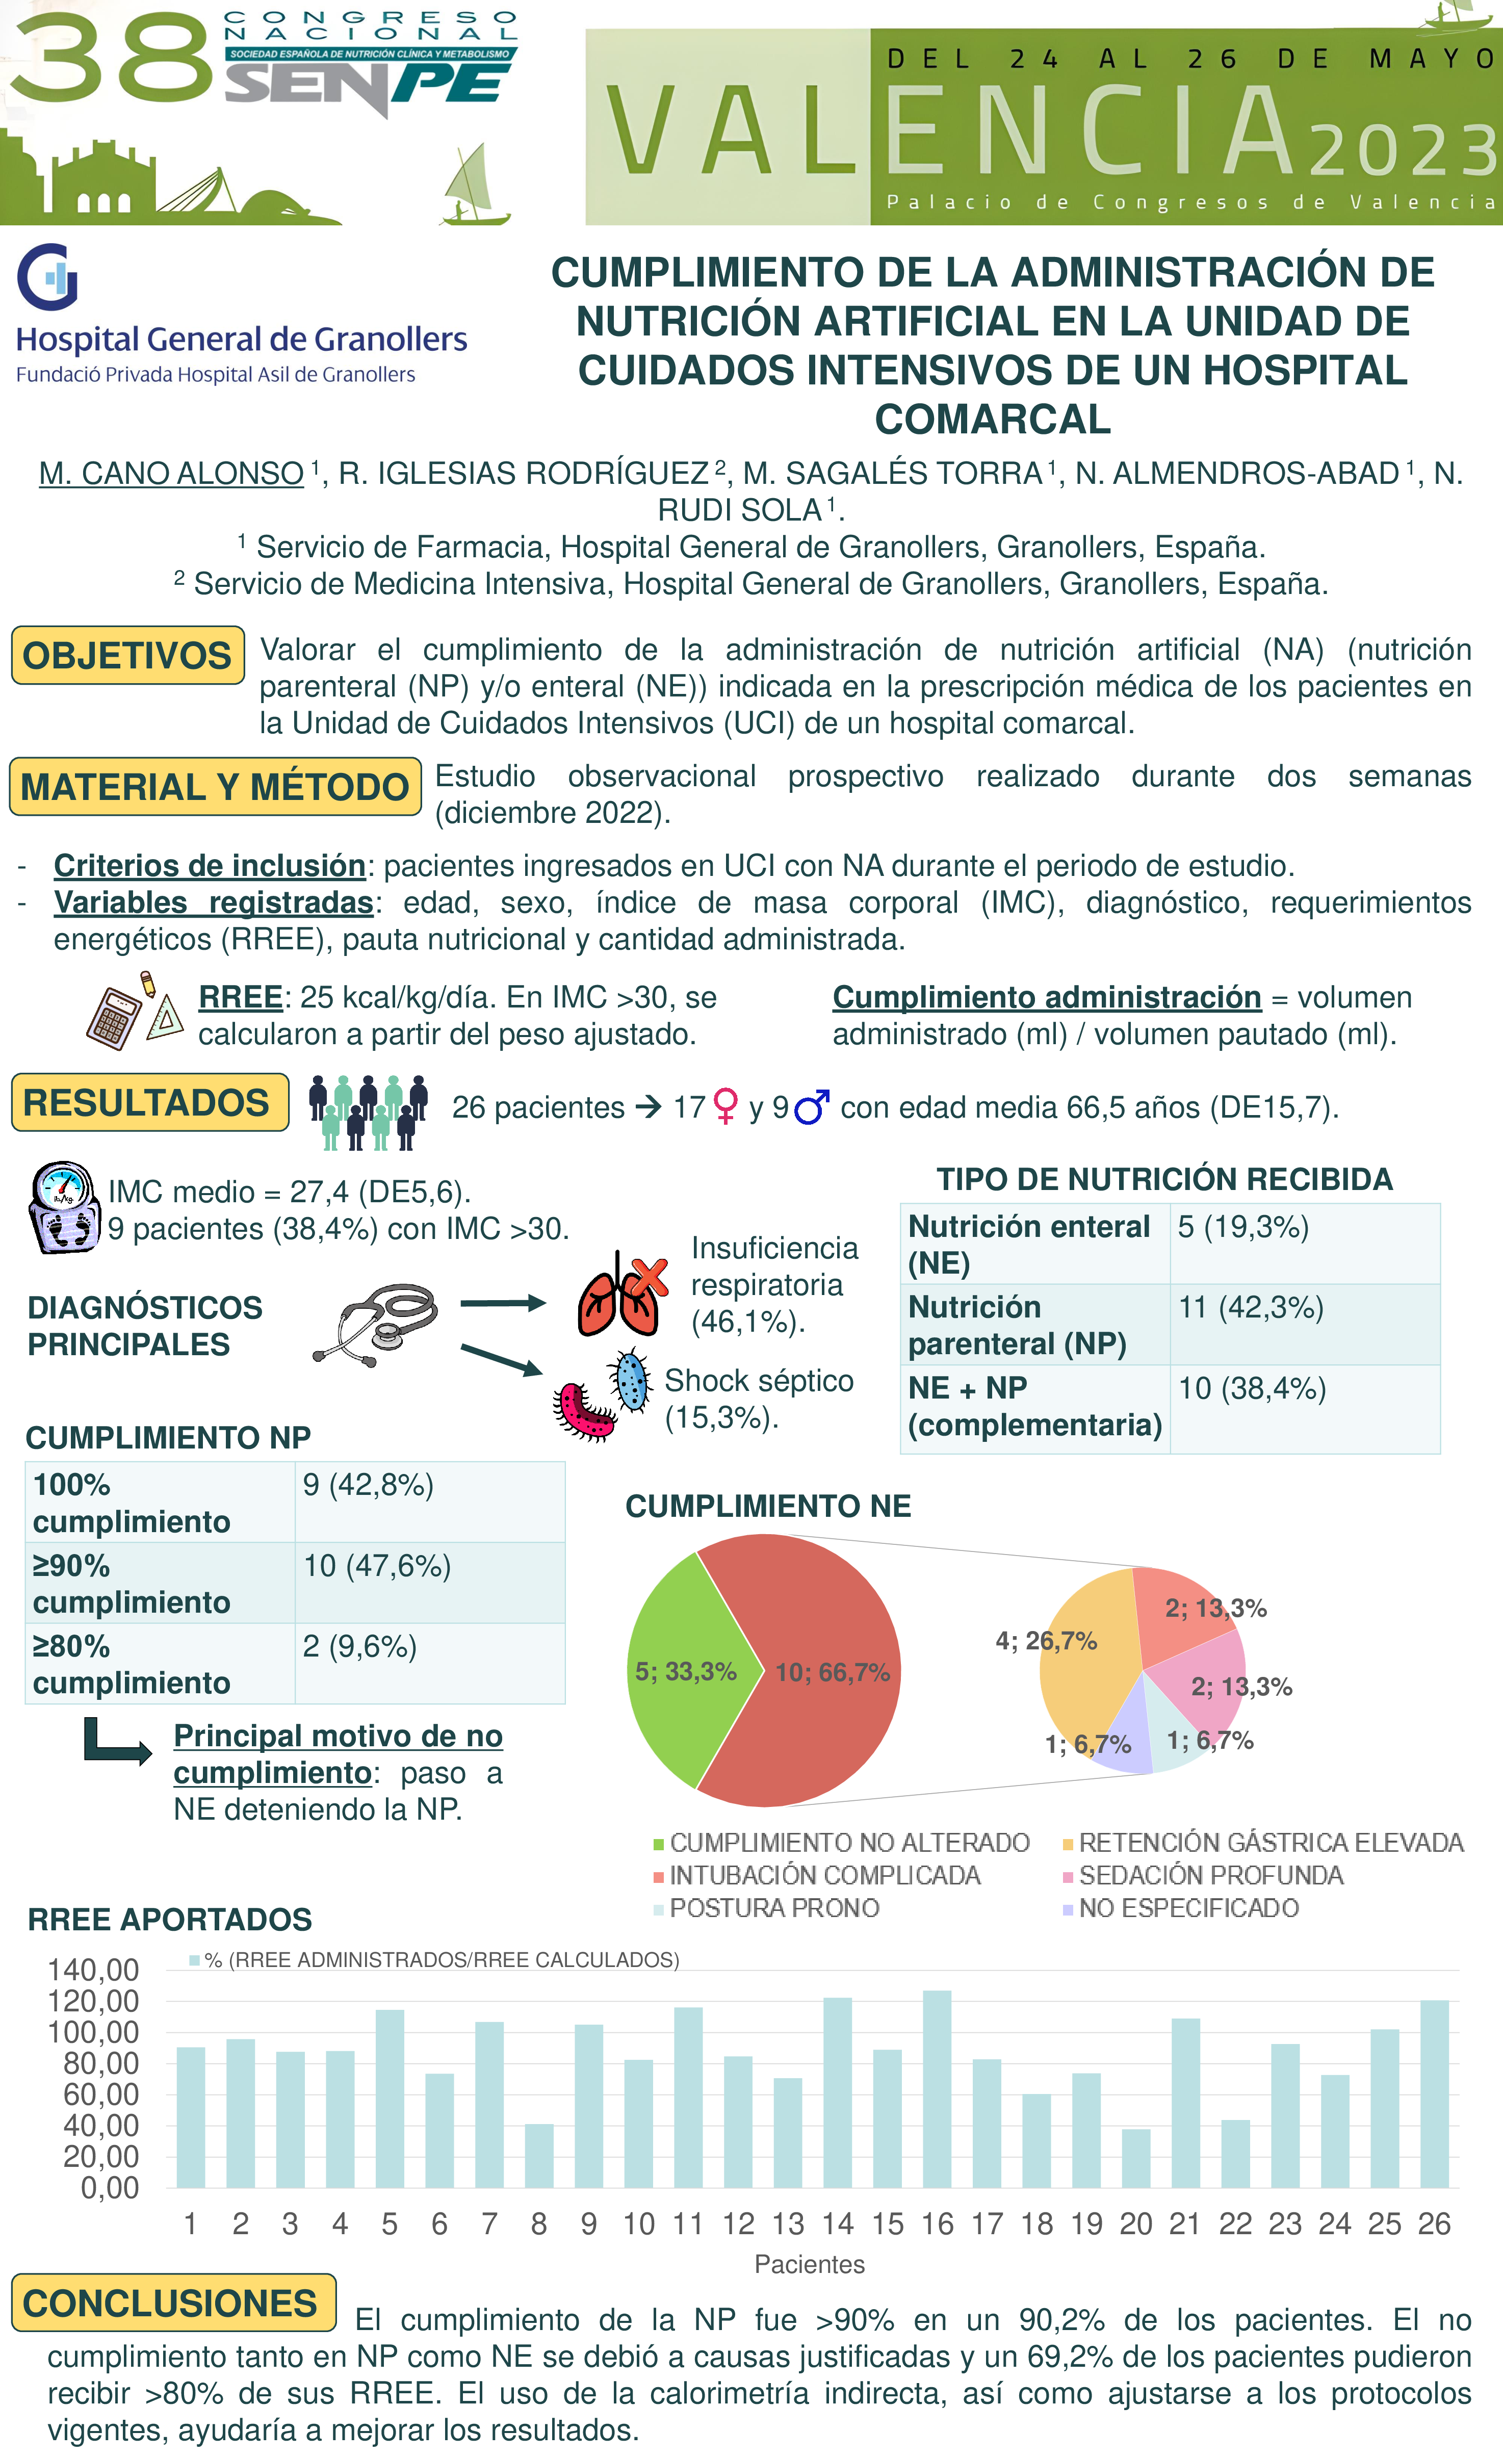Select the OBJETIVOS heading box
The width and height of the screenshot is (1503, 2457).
pos(127,655)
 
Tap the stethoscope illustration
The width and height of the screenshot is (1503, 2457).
pos(377,1324)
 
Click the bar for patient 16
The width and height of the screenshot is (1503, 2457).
pos(937,2089)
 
